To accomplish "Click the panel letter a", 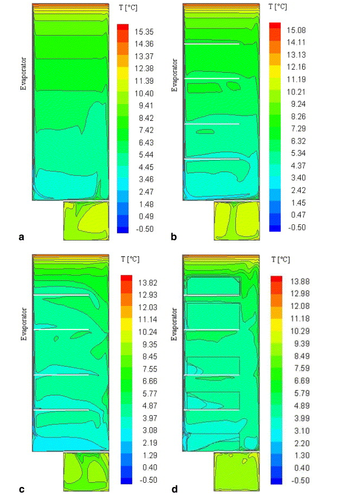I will point(22,236).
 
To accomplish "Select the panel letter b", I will point(173,236).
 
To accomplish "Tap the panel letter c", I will point(22,489).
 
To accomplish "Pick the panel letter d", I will point(174,489).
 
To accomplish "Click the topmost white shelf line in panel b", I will point(212,44).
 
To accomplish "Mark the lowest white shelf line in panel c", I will point(61,410).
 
